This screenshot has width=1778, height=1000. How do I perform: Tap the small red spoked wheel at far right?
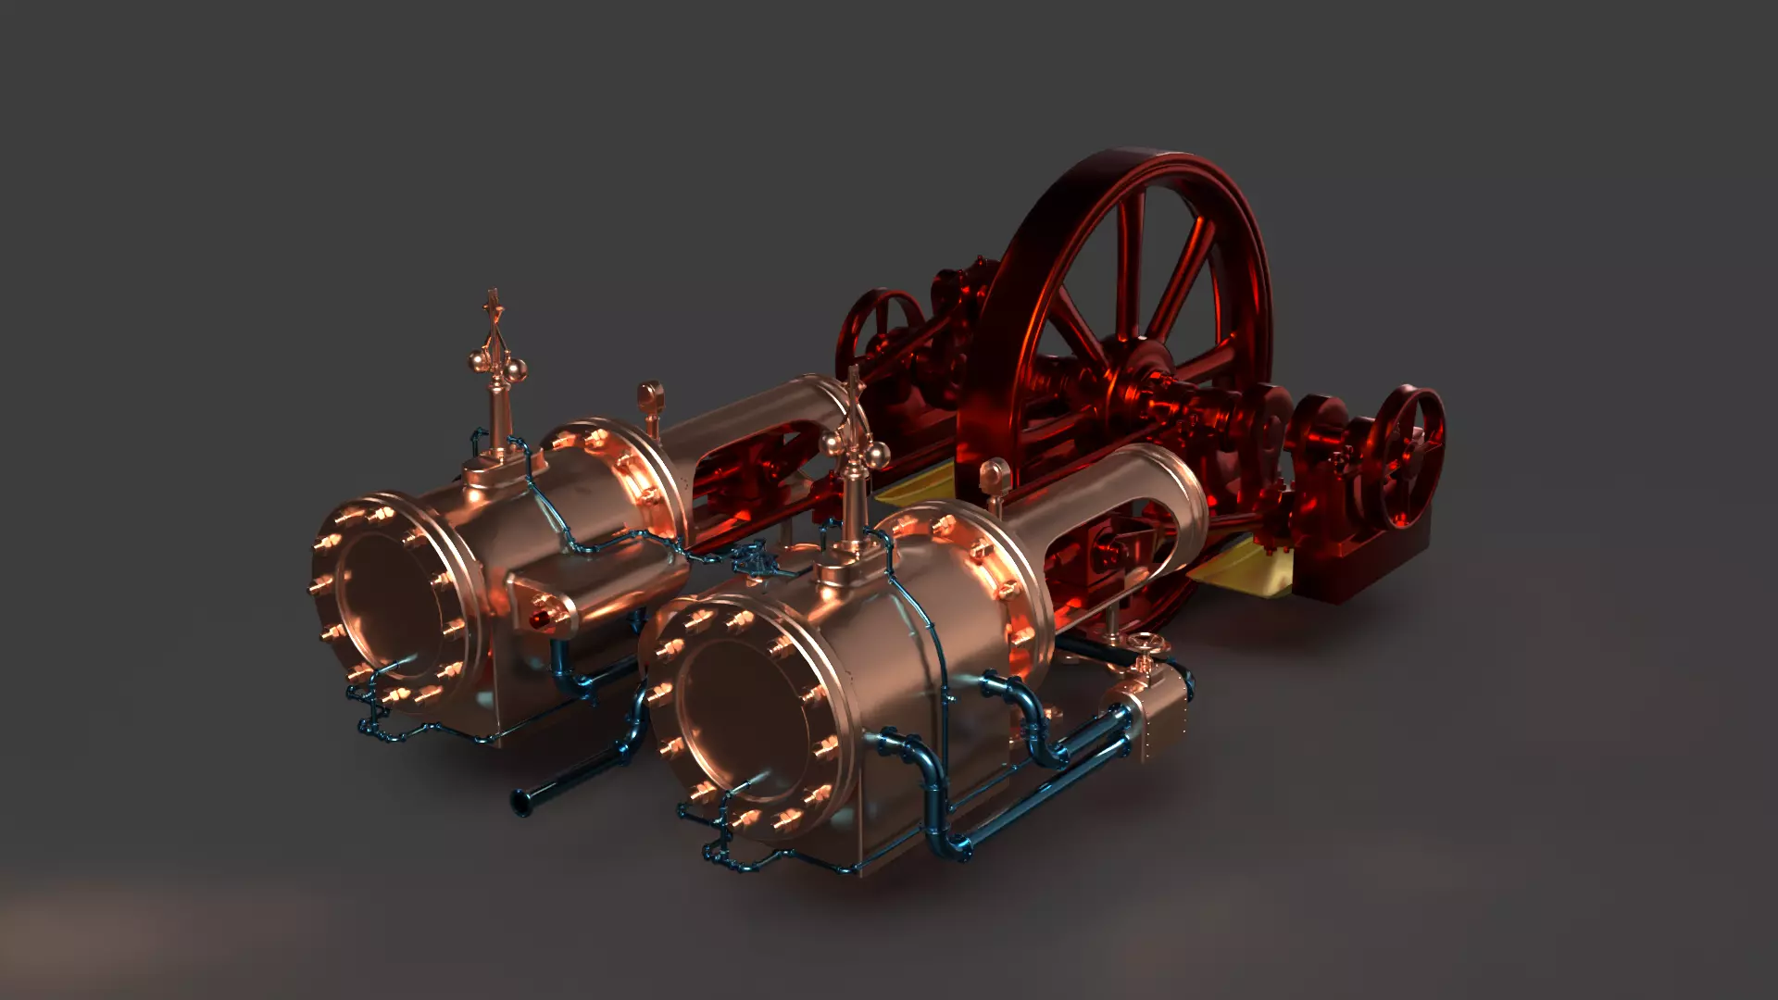click(1409, 456)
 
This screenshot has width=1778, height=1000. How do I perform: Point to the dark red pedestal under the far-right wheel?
click(1361, 565)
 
